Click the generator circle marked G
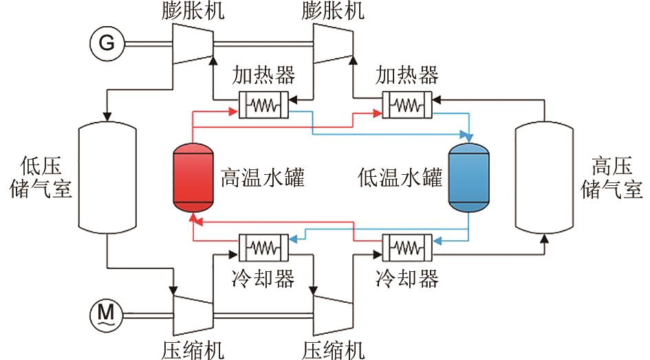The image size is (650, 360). click(107, 43)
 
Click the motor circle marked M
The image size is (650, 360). click(105, 314)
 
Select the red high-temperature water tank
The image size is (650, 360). click(193, 178)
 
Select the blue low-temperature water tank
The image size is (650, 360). click(468, 178)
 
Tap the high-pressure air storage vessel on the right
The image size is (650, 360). click(544, 178)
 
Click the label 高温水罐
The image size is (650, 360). click(262, 178)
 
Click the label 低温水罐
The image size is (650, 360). click(400, 178)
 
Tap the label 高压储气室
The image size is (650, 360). click(612, 178)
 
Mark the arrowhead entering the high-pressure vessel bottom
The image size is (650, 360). click(544, 238)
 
